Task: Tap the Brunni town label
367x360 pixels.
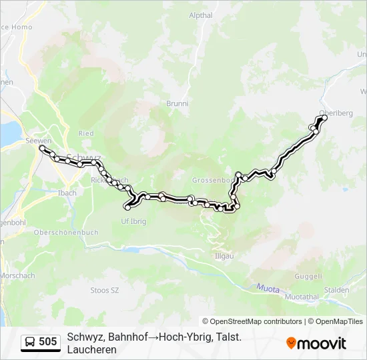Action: coord(177,104)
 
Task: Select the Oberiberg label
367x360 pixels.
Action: coord(336,113)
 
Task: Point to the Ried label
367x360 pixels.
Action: coord(86,133)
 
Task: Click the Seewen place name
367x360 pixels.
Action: coord(38,141)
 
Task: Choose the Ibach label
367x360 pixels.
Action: coord(67,193)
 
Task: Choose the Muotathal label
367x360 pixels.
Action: coord(302,296)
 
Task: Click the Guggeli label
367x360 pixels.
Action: coord(310,275)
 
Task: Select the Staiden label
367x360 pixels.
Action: coord(336,291)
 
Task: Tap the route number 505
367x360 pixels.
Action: coord(48,343)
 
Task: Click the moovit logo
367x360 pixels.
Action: coord(316,343)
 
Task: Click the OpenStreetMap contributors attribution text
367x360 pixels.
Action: coord(252,321)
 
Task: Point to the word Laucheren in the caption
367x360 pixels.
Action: coord(92,349)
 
